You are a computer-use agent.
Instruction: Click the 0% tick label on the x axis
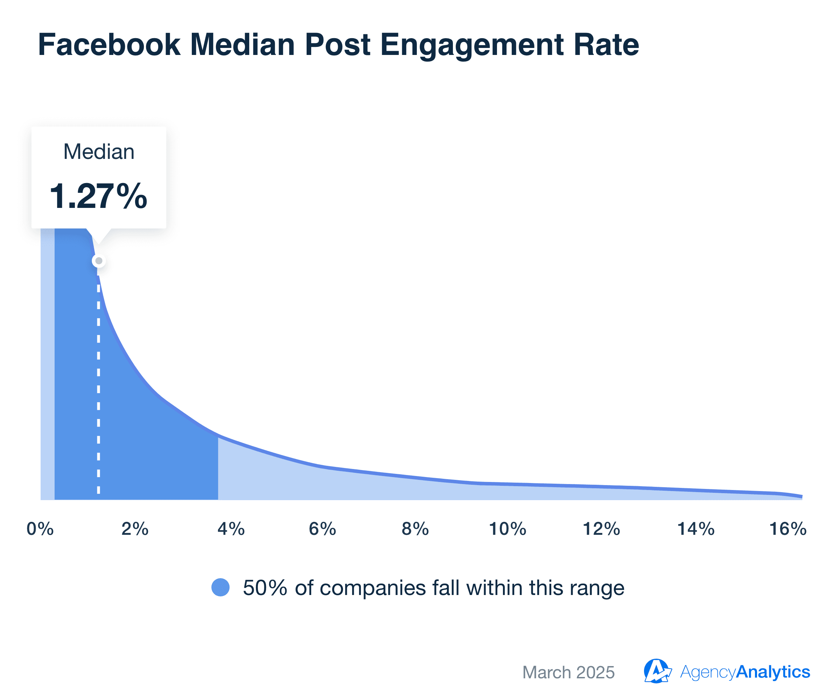click(x=40, y=529)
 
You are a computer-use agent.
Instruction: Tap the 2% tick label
click(x=135, y=529)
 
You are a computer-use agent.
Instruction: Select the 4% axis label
click(x=231, y=529)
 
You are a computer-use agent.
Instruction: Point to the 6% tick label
click(x=322, y=529)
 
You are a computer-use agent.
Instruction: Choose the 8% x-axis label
click(x=415, y=529)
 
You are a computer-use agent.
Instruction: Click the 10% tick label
click(x=507, y=529)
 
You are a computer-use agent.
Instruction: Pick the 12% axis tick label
click(x=601, y=529)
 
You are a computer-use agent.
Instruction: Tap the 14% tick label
click(x=695, y=529)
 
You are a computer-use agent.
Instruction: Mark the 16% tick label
click(x=787, y=529)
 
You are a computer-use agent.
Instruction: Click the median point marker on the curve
click(x=99, y=261)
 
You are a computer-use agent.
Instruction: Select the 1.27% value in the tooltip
click(x=98, y=196)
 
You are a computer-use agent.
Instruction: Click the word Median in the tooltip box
click(x=99, y=152)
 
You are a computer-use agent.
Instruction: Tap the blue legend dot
click(x=220, y=588)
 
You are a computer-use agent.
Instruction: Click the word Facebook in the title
click(x=109, y=44)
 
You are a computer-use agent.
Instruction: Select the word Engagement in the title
click(x=472, y=45)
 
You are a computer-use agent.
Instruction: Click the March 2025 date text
click(x=568, y=672)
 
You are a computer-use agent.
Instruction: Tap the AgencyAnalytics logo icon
click(x=657, y=671)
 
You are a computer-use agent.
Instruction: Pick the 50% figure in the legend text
click(x=265, y=588)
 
